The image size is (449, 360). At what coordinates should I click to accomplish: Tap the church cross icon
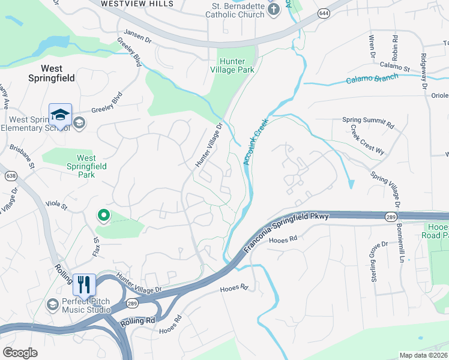(274, 8)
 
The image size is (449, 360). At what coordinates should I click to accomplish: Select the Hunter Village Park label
(237, 65)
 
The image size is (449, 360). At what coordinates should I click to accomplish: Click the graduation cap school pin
(61, 115)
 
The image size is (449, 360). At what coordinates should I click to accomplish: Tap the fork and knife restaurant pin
(84, 284)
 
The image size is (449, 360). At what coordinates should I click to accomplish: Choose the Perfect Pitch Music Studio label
(86, 305)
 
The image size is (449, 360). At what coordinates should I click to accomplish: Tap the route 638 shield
(11, 176)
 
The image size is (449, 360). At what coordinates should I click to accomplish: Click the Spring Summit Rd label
(368, 123)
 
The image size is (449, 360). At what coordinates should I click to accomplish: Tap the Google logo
(20, 352)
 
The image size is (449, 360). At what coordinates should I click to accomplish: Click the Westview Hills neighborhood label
(137, 4)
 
